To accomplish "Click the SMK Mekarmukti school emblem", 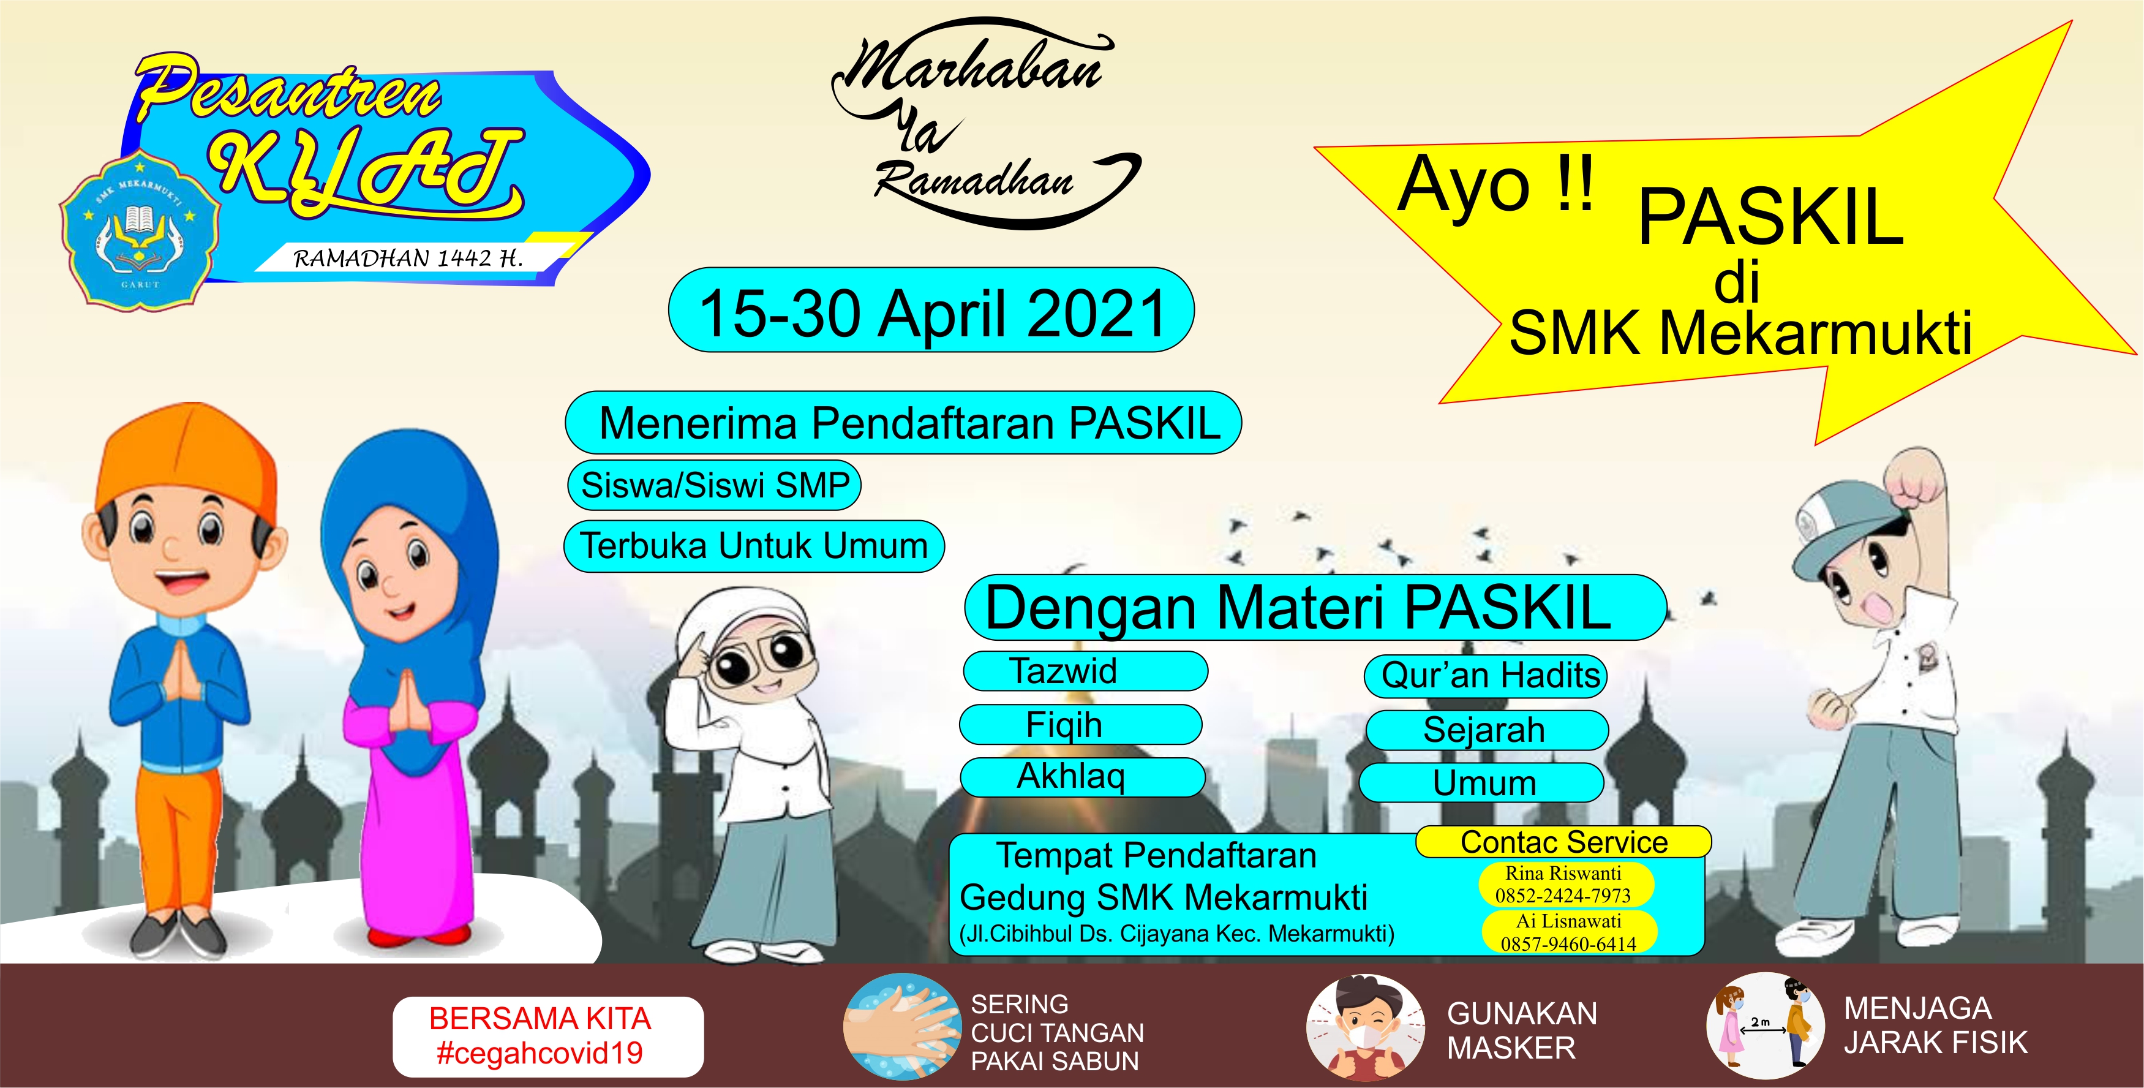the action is (139, 229).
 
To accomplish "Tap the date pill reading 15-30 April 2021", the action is (931, 309).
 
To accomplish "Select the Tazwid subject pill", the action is (1085, 671).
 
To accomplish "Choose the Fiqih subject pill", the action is (1081, 724).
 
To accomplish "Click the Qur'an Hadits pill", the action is (1486, 676).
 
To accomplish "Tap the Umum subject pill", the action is (1481, 782).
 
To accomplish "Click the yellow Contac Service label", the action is (1564, 842).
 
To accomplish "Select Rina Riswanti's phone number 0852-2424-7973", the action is (1563, 896).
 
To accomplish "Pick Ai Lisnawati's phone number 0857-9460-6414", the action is (1568, 944).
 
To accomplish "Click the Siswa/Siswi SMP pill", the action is (714, 485).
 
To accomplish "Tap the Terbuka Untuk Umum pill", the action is (754, 546).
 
